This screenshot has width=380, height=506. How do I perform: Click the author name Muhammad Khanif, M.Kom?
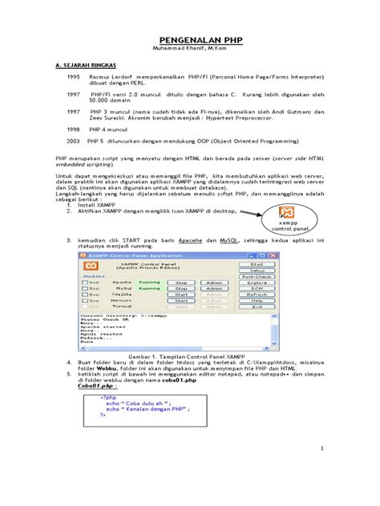click(x=189, y=48)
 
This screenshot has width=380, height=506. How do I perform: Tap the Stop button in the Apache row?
click(x=182, y=282)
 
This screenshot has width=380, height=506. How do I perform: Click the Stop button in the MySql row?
click(x=182, y=289)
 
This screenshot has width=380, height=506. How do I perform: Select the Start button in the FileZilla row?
click(x=182, y=296)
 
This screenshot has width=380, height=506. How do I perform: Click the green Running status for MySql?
click(x=148, y=289)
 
